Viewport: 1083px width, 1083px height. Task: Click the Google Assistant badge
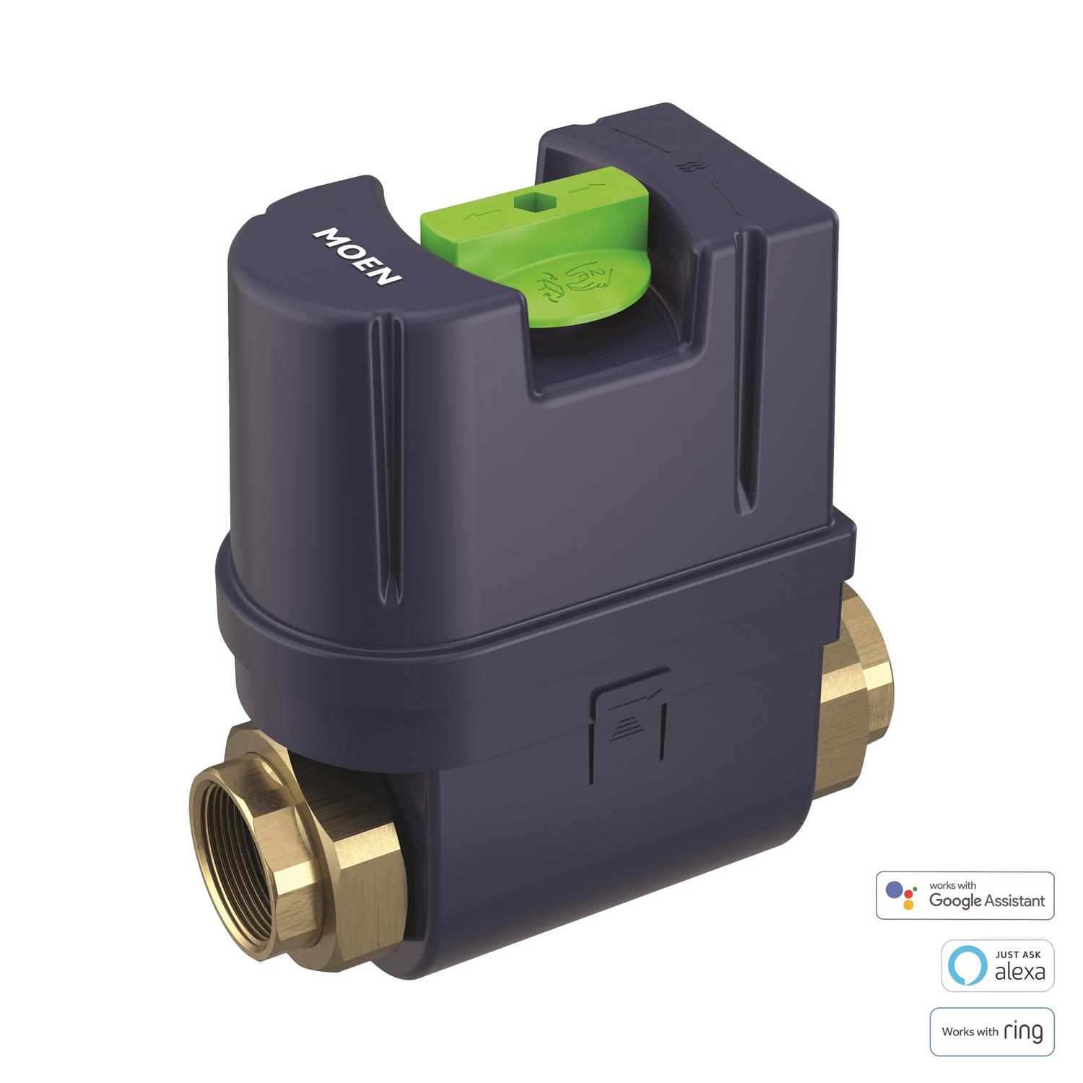coord(965,895)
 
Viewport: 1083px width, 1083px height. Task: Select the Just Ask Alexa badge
coord(998,965)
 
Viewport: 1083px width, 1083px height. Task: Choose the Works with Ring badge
coord(992,1032)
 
